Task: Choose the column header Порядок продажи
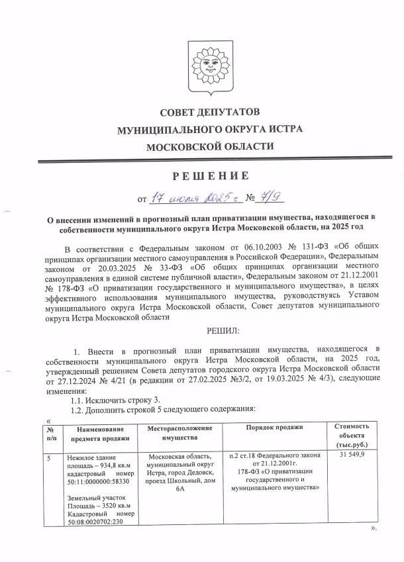[272, 430]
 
